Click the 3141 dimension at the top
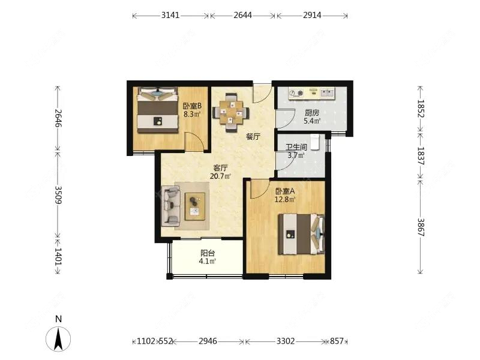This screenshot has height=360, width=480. [x=170, y=15]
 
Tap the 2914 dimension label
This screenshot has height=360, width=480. [x=312, y=15]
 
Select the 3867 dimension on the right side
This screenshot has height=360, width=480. [x=421, y=227]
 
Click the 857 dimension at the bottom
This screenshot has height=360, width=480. [x=337, y=341]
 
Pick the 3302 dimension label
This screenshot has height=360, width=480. [x=286, y=341]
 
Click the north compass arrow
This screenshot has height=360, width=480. [x=58, y=339]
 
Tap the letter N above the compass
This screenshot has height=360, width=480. [x=58, y=319]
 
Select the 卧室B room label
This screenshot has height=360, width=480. [x=192, y=106]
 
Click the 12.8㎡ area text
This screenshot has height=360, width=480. [x=284, y=200]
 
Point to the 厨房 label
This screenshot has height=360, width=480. [x=312, y=113]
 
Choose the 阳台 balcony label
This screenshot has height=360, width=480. [x=208, y=253]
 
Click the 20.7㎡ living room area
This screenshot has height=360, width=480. [x=220, y=176]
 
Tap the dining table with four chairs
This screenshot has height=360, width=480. [x=231, y=112]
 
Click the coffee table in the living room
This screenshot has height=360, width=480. [x=194, y=206]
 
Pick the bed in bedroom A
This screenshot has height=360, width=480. [x=302, y=234]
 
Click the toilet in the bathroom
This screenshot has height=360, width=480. [x=316, y=142]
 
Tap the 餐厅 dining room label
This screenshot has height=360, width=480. [x=253, y=137]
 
